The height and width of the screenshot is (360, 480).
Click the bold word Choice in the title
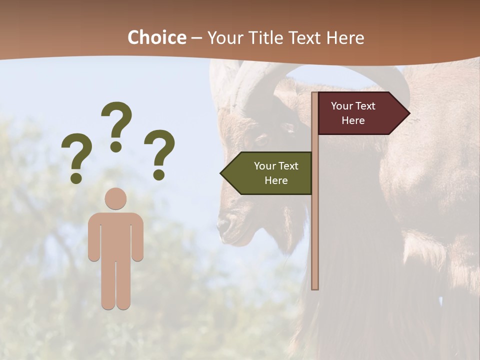pyautogui.click(x=156, y=37)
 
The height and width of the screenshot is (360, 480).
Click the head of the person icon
pyautogui.click(x=115, y=198)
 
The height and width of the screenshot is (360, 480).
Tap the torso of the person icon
pyautogui.click(x=115, y=235)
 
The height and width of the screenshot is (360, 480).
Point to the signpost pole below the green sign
pyautogui.click(x=315, y=240)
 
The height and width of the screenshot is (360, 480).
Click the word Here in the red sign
pyautogui.click(x=353, y=120)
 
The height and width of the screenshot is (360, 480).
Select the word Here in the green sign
pyautogui.click(x=276, y=180)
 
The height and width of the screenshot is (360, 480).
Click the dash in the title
pyautogui.click(x=196, y=38)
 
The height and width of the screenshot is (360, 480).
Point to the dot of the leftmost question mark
pyautogui.click(x=76, y=177)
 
